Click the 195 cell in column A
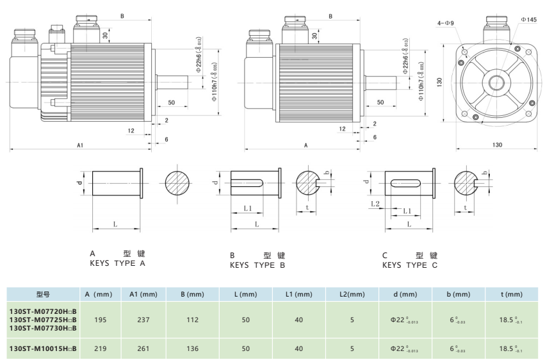[100, 319]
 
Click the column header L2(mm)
[352, 295]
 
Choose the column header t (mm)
[510, 295]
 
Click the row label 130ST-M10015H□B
[43, 349]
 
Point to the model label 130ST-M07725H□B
[43, 319]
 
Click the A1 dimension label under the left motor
[80, 146]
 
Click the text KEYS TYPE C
[410, 265]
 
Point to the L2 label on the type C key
[375, 203]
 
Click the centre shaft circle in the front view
[496, 82]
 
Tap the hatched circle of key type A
[177, 184]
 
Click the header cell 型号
[43, 295]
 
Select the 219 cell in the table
[100, 349]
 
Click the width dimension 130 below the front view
[497, 145]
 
